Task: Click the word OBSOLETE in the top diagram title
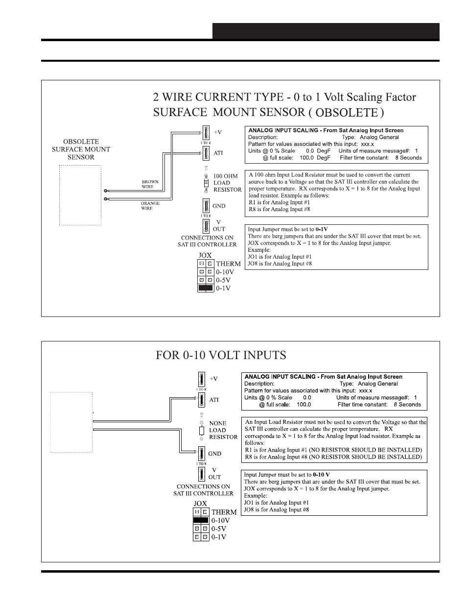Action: pyautogui.click(x=346, y=112)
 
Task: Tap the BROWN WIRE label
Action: pyautogui.click(x=150, y=184)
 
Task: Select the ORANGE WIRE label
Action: pyautogui.click(x=150, y=206)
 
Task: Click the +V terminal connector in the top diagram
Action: pyautogui.click(x=206, y=132)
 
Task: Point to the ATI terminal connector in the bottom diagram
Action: pyautogui.click(x=201, y=400)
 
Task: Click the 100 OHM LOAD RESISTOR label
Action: pyautogui.click(x=227, y=183)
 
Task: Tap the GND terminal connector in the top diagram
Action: pyautogui.click(x=206, y=206)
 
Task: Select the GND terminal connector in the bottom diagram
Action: pyautogui.click(x=201, y=454)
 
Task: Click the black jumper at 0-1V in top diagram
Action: pyautogui.click(x=206, y=289)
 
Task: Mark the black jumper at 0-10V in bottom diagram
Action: pyautogui.click(x=201, y=520)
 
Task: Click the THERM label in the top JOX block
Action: pyautogui.click(x=228, y=264)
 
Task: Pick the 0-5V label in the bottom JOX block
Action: pyautogui.click(x=220, y=529)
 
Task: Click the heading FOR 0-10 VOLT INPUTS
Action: pyautogui.click(x=221, y=355)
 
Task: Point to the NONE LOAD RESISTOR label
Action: pyautogui.click(x=223, y=430)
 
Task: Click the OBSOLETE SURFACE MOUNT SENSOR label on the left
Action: pyautogui.click(x=81, y=149)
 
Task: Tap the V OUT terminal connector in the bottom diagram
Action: pyautogui.click(x=201, y=474)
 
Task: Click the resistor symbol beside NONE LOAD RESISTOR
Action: pyautogui.click(x=201, y=431)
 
